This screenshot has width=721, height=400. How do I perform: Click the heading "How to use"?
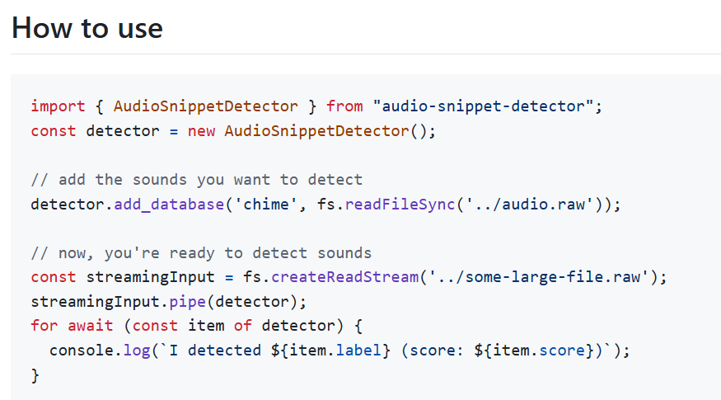tap(87, 28)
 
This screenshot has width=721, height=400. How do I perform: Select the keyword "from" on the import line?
tap(344, 106)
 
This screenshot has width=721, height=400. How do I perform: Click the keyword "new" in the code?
tap(202, 131)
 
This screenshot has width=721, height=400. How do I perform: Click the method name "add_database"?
tap(169, 204)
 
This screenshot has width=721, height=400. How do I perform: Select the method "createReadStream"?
tap(344, 277)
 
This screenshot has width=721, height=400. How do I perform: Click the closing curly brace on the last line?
tap(35, 375)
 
